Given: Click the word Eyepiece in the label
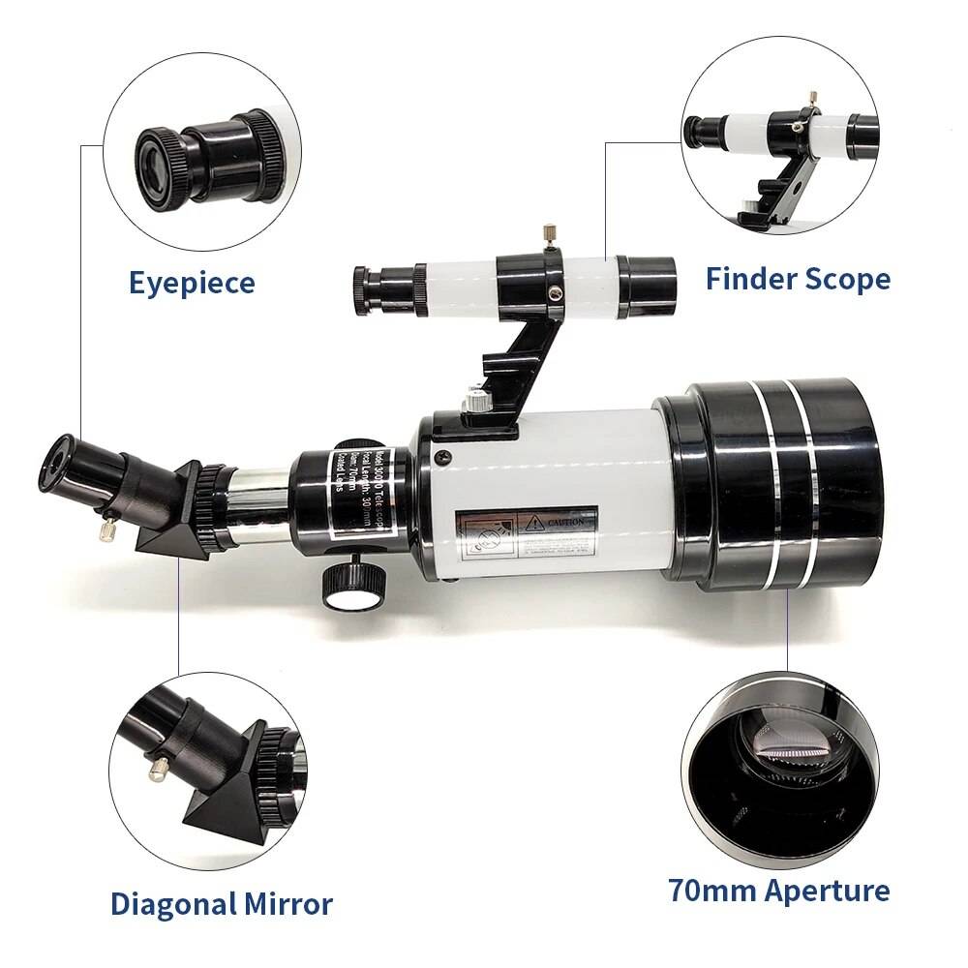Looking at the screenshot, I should [x=192, y=283].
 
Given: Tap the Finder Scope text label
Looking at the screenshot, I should [x=798, y=279].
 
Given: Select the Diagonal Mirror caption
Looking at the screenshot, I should [x=221, y=904].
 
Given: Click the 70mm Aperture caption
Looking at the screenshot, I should [x=778, y=890].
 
